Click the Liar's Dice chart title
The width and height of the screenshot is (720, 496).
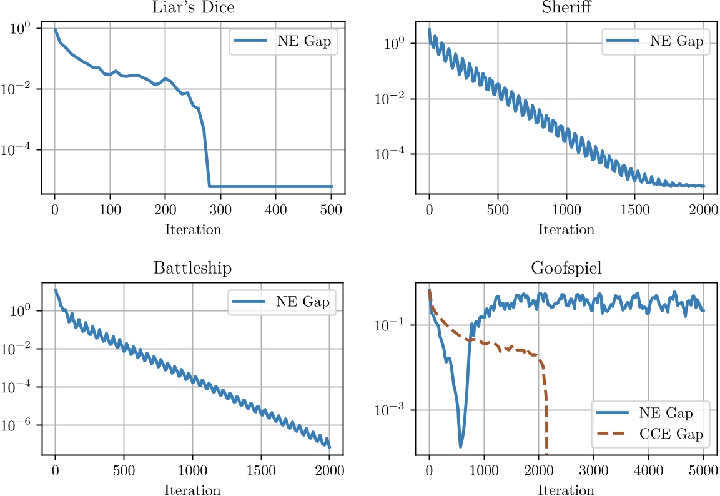(x=192, y=8)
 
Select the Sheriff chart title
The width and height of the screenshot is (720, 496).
(x=566, y=8)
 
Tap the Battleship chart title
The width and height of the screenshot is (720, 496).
(x=192, y=269)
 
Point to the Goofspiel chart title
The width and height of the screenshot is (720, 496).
(x=566, y=269)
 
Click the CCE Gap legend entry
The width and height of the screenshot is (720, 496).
(x=674, y=435)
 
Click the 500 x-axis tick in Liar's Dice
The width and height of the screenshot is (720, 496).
(x=332, y=210)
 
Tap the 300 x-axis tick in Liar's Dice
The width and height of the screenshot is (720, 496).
(x=220, y=210)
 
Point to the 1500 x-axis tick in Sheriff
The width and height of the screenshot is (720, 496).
(x=635, y=210)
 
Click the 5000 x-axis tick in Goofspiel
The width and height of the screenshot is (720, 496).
(x=704, y=471)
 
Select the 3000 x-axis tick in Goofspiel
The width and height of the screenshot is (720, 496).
(x=594, y=471)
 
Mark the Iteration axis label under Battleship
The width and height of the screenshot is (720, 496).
(x=192, y=490)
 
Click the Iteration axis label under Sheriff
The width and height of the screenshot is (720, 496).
(x=566, y=229)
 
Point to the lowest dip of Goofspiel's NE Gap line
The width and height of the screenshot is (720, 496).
(x=461, y=446)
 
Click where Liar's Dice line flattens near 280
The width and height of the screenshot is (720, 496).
(x=210, y=186)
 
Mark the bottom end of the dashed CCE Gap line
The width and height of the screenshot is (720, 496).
(x=547, y=454)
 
